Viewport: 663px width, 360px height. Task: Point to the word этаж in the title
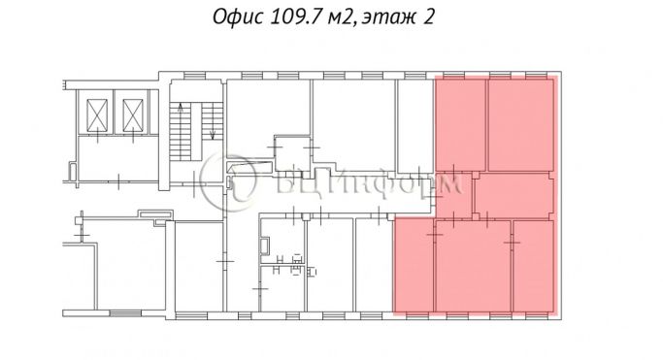click(x=381, y=18)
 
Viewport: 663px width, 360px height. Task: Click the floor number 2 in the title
click(x=426, y=18)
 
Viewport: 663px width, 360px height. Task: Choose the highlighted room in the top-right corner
click(x=522, y=123)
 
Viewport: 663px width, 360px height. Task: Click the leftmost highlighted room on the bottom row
click(x=413, y=264)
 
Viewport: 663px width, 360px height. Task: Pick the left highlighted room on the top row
click(x=459, y=123)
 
